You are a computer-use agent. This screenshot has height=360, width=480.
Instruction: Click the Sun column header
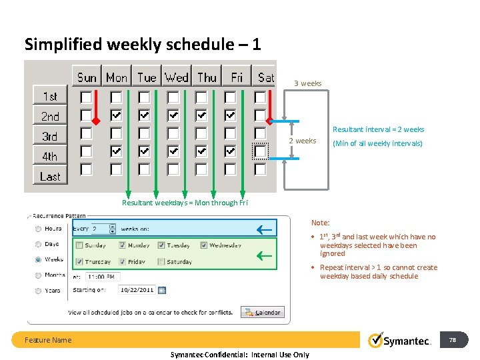pyautogui.click(x=87, y=77)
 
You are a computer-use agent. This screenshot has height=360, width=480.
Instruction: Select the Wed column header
pyautogui.click(x=177, y=77)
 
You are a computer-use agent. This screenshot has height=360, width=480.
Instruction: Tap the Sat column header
pyautogui.click(x=265, y=77)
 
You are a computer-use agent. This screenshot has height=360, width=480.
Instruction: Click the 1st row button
pyautogui.click(x=50, y=96)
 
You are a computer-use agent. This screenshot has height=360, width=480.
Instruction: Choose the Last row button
pyautogui.click(x=50, y=177)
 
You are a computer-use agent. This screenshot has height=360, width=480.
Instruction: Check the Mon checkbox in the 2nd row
pyautogui.click(x=116, y=115)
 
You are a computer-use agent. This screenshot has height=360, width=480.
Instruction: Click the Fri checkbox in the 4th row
pyautogui.click(x=230, y=151)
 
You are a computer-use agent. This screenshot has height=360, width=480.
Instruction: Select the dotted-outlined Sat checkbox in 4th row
pyautogui.click(x=260, y=151)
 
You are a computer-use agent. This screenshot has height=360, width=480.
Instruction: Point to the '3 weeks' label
pyautogui.click(x=308, y=83)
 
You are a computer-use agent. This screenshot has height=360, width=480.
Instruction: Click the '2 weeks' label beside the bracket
pyautogui.click(x=303, y=141)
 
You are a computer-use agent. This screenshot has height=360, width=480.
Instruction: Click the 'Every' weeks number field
pyautogui.click(x=103, y=229)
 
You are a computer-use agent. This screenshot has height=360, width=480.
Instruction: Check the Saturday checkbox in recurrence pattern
pyautogui.click(x=161, y=262)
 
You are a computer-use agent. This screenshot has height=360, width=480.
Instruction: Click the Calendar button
pyautogui.click(x=262, y=312)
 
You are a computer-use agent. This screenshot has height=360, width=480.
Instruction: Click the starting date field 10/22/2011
pyautogui.click(x=137, y=290)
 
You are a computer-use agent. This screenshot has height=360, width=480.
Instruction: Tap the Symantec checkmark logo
pyautogui.click(x=376, y=340)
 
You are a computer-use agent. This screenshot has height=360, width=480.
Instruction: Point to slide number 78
pyautogui.click(x=453, y=340)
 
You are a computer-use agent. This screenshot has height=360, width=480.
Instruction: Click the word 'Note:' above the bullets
pyautogui.click(x=321, y=223)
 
